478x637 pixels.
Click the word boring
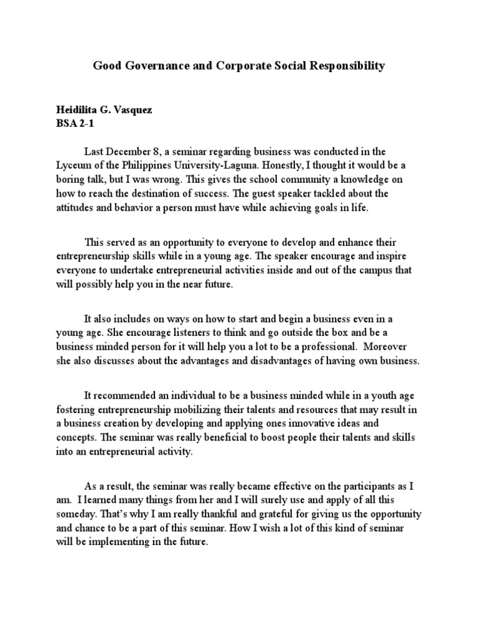click(73, 179)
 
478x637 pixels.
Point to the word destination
click(158, 193)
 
